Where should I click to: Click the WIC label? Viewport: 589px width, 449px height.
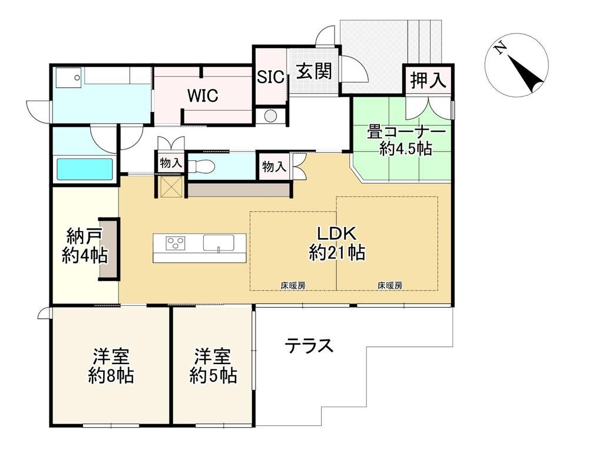[x=203, y=95]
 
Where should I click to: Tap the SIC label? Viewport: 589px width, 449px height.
[x=270, y=77]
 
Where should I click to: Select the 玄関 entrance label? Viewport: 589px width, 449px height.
[x=314, y=71]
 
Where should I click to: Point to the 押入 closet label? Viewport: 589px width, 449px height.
[x=428, y=80]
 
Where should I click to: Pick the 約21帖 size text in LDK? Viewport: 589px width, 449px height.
[x=337, y=253]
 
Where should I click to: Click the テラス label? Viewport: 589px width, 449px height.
[x=309, y=345]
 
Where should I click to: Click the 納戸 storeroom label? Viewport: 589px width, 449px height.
[x=84, y=237]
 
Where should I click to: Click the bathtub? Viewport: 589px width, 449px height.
[x=84, y=169]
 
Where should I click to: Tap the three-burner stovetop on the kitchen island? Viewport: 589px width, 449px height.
[x=176, y=242]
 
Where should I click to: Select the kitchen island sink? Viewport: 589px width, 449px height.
[x=219, y=242]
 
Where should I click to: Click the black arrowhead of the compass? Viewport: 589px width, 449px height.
[x=525, y=74]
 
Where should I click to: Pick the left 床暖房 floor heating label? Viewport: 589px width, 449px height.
[x=293, y=286]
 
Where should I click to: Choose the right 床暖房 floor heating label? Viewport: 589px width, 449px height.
[x=390, y=286]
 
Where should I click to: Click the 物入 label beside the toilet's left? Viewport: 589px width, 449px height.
[x=171, y=163]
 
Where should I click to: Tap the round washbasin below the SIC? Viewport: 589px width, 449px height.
[x=270, y=115]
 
